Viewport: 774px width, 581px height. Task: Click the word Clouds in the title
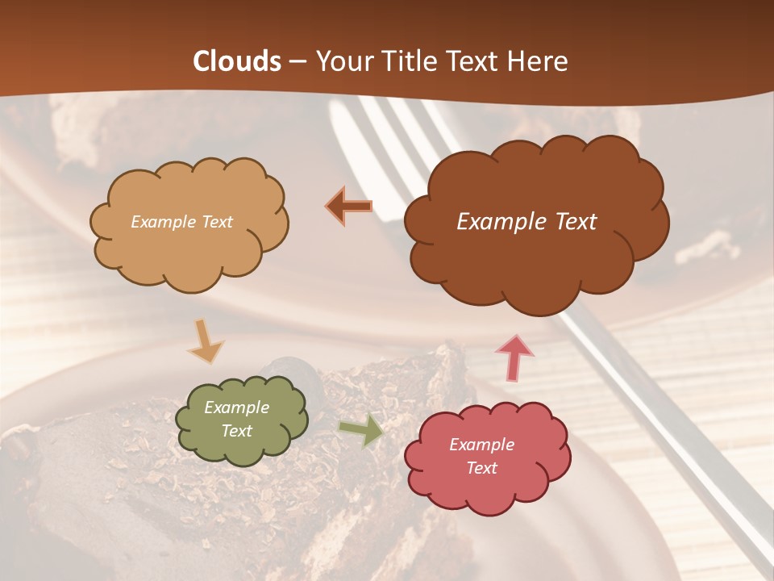[237, 61]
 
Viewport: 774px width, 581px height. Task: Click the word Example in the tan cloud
[161, 221]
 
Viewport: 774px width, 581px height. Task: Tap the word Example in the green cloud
[236, 408]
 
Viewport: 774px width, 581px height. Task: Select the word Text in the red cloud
[481, 468]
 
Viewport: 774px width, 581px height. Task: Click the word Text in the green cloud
[236, 431]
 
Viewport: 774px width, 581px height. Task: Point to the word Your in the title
[340, 61]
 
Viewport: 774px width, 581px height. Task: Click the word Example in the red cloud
[481, 445]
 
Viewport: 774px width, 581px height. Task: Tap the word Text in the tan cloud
[215, 221]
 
